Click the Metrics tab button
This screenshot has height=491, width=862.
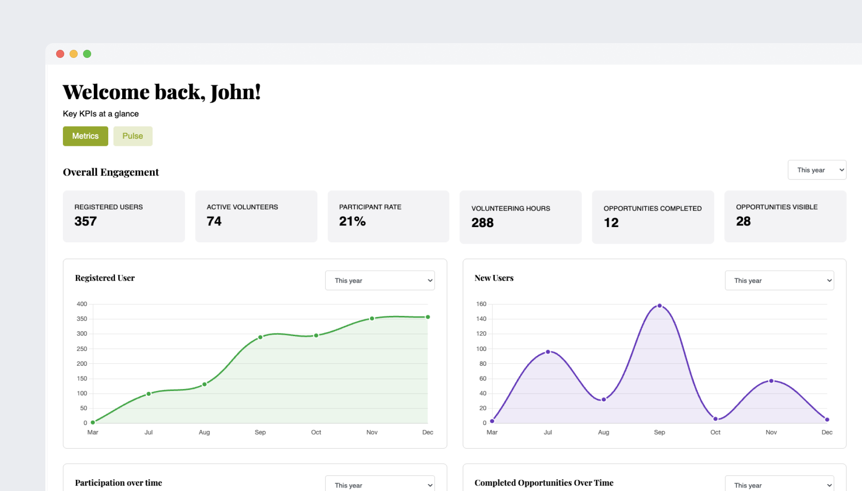click(85, 136)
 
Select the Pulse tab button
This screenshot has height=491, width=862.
click(132, 136)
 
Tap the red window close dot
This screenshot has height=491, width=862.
click(60, 54)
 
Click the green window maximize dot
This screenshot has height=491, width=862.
click(87, 54)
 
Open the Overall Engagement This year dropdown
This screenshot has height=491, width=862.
click(817, 170)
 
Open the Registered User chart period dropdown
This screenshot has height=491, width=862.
click(379, 281)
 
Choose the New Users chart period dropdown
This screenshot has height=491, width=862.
click(779, 281)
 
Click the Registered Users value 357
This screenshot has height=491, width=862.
click(86, 221)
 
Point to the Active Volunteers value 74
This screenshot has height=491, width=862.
click(214, 221)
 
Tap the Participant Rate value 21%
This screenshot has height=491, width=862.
click(352, 221)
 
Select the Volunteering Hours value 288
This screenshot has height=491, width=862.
click(482, 223)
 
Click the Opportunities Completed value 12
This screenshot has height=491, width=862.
click(611, 223)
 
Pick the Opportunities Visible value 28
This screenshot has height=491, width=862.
click(743, 221)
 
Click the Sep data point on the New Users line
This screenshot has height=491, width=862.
click(660, 306)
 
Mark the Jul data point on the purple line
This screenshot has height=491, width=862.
click(548, 352)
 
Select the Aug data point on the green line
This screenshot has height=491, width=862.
click(204, 384)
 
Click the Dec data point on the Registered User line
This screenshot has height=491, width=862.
click(428, 317)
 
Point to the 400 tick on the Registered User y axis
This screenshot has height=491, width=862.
click(82, 304)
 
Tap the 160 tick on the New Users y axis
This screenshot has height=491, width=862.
click(481, 304)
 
